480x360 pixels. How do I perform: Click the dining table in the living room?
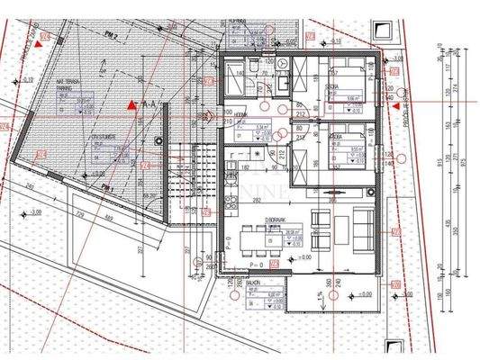point(264,237)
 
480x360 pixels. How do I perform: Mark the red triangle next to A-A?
point(132,105)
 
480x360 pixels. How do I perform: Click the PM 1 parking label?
point(108,188)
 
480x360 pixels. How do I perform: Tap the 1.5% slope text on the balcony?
point(322,295)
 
